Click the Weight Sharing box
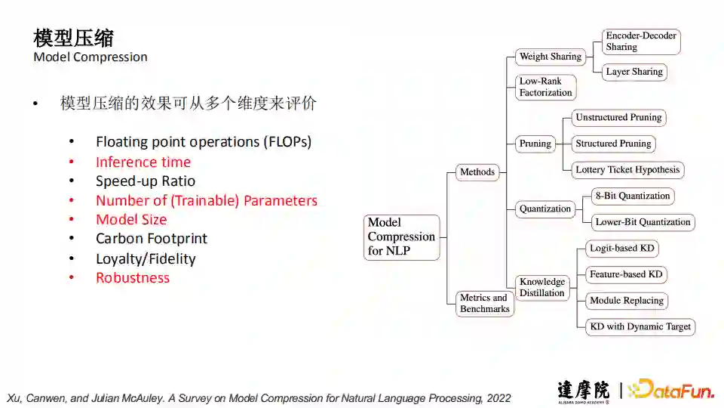tap(551, 57)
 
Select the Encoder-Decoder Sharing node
tap(641, 42)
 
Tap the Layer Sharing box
tap(634, 72)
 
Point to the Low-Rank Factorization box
tap(546, 87)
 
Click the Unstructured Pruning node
tap(618, 118)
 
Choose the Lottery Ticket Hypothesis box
tap(627, 170)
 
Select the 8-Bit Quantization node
tap(632, 196)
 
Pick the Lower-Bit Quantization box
tap(643, 222)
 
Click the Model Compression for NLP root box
tap(401, 236)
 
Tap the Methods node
tap(477, 172)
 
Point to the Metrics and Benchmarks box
tap(485, 303)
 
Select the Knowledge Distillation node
tap(542, 287)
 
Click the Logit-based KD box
tap(622, 249)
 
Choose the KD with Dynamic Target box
tap(640, 326)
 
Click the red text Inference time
tap(143, 162)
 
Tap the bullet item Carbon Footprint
tap(152, 239)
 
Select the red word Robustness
tap(133, 278)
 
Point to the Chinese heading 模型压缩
tap(74, 37)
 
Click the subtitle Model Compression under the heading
tap(90, 57)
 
